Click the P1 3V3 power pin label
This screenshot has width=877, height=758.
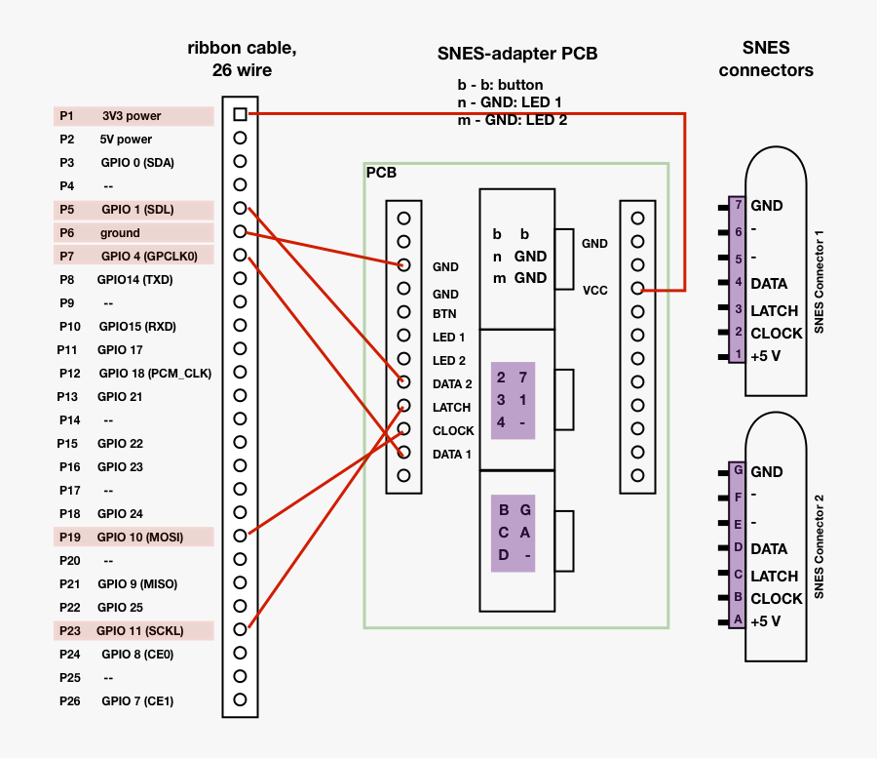(133, 116)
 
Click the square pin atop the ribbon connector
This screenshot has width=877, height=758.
(240, 114)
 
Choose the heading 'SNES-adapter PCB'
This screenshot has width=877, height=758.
(517, 54)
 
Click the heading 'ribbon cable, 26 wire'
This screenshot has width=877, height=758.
(242, 59)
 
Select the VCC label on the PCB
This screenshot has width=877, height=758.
(595, 290)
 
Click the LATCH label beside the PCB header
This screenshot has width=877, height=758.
(451, 408)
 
